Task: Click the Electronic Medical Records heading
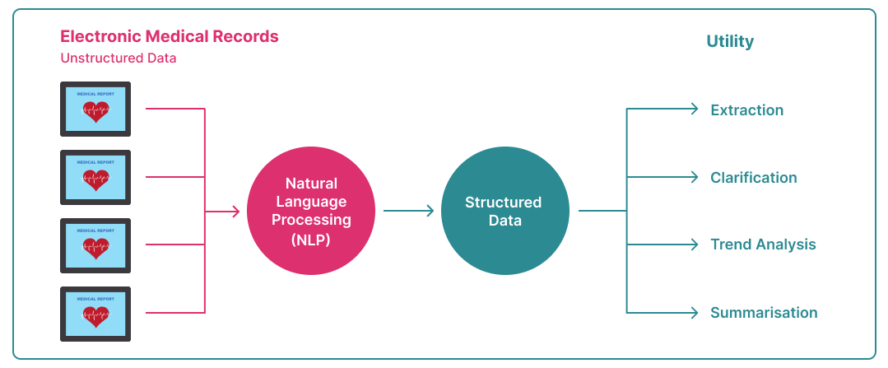pyautogui.click(x=170, y=37)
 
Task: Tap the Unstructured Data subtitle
pyautogui.click(x=119, y=58)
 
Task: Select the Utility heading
pyautogui.click(x=730, y=42)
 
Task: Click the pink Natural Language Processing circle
pyautogui.click(x=311, y=212)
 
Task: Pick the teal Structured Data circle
pyautogui.click(x=504, y=212)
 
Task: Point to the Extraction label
pyautogui.click(x=747, y=109)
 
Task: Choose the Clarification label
pyautogui.click(x=754, y=177)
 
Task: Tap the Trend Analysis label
pyautogui.click(x=764, y=245)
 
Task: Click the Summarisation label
pyautogui.click(x=764, y=313)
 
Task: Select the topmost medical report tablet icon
pyautogui.click(x=95, y=109)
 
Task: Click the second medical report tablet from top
pyautogui.click(x=95, y=177)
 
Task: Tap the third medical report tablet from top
pyautogui.click(x=95, y=245)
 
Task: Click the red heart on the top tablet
pyautogui.click(x=95, y=111)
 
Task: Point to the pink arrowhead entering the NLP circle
pyautogui.click(x=235, y=212)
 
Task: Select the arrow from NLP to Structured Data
pyautogui.click(x=408, y=212)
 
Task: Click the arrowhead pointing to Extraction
pyautogui.click(x=694, y=109)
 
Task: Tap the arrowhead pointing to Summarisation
pyautogui.click(x=694, y=313)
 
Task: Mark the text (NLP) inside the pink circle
pyautogui.click(x=311, y=240)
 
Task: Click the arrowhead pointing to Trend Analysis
pyautogui.click(x=694, y=245)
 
